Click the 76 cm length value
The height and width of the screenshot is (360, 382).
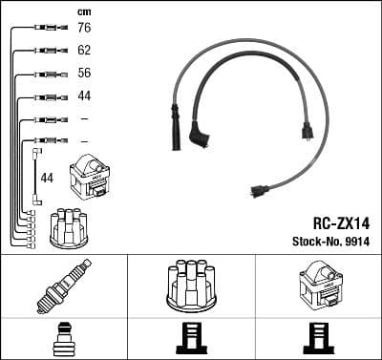[x=84, y=29]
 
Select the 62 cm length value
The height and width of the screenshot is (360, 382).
[x=84, y=50]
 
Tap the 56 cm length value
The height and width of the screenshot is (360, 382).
[x=84, y=73]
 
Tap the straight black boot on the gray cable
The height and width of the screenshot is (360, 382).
[x=175, y=130]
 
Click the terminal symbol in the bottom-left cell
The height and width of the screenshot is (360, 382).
[x=64, y=338]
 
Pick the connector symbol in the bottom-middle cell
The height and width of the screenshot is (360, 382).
[x=191, y=338]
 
